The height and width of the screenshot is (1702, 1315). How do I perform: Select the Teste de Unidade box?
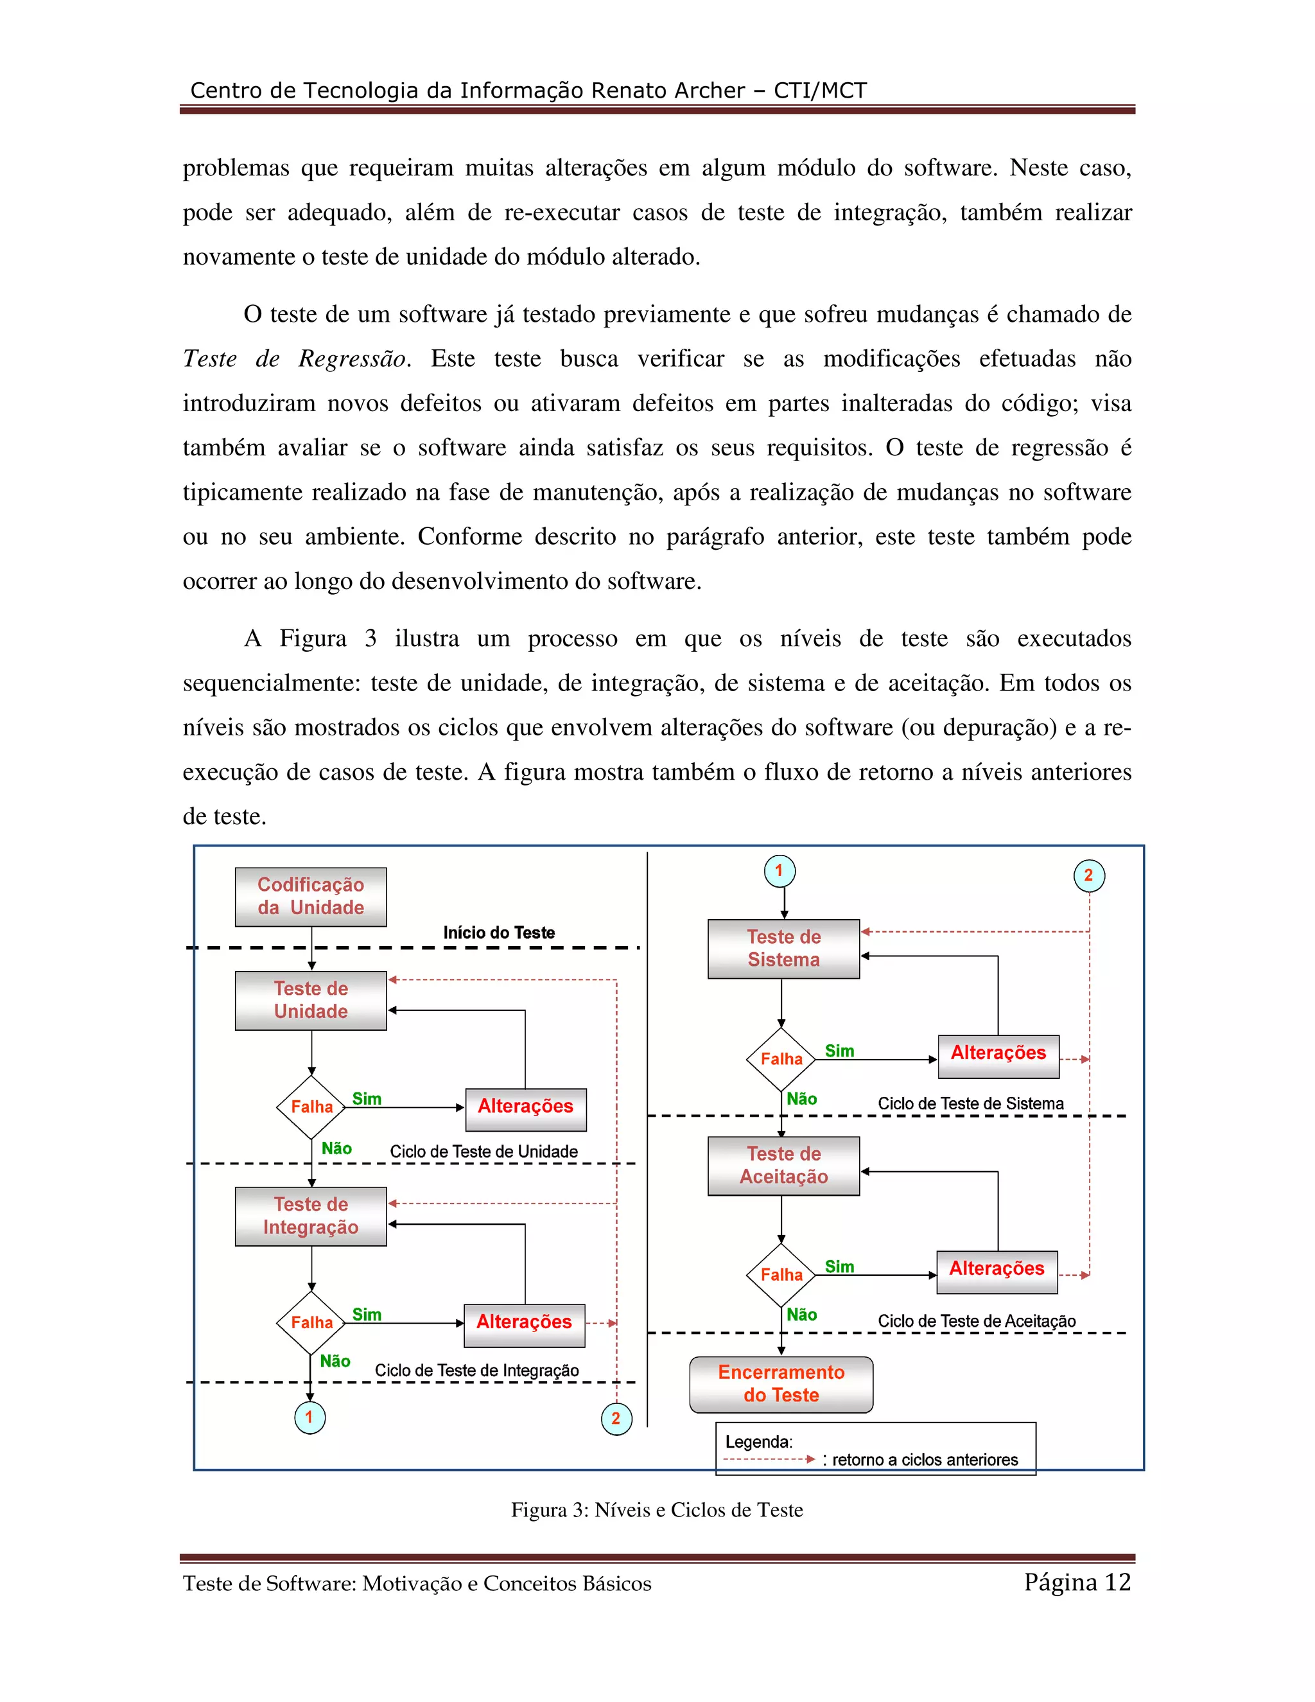pos(310,1000)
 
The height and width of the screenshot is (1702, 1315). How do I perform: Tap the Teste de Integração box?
pos(310,1216)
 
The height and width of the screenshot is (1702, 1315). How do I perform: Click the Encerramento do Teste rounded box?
pos(781,1384)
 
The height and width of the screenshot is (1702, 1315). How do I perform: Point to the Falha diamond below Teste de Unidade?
pos(311,1107)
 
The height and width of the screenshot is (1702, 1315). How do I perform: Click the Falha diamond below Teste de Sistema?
pos(781,1059)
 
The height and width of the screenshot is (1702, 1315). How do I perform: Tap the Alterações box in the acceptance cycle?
pos(997,1268)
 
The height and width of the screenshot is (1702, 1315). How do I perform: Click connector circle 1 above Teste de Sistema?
pos(779,872)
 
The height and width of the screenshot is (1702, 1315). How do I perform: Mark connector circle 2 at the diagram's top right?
pos(1088,875)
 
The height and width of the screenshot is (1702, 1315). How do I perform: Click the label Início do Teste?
pos(498,933)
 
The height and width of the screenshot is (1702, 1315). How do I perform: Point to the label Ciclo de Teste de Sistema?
pos(970,1103)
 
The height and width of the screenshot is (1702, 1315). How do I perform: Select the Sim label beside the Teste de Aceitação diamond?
pos(839,1267)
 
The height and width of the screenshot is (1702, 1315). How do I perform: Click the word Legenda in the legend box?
pos(758,1442)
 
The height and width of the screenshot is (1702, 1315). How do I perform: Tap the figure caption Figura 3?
pos(656,1511)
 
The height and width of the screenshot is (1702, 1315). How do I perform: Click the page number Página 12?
pos(1077,1582)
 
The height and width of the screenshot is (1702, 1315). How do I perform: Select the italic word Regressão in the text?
pos(352,358)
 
